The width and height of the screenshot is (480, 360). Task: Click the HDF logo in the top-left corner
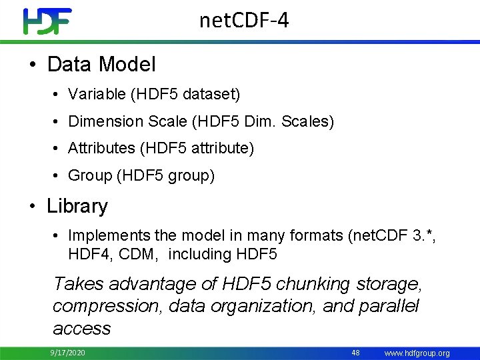click(47, 21)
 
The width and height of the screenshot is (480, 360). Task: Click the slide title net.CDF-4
click(244, 21)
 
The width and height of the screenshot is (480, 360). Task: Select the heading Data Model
click(101, 64)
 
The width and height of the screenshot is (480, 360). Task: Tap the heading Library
click(77, 206)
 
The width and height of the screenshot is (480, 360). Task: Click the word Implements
click(109, 235)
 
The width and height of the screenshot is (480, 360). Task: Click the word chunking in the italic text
click(313, 284)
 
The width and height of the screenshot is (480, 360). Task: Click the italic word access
click(81, 328)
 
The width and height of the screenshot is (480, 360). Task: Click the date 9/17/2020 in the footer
click(67, 353)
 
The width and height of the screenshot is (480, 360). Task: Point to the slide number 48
click(355, 352)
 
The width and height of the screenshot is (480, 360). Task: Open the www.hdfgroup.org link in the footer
click(418, 353)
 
